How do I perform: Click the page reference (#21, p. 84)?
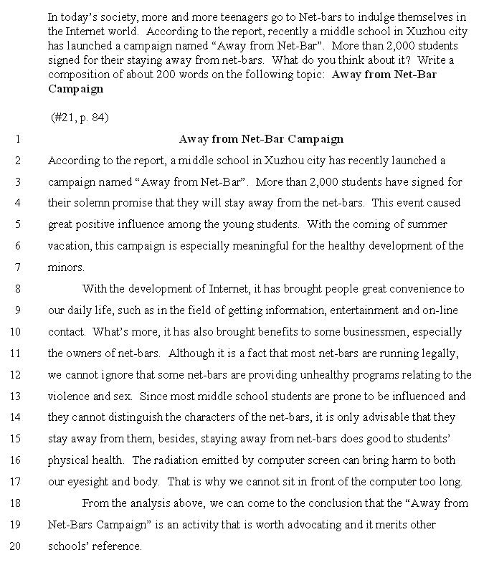click(80, 117)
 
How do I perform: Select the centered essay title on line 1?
click(261, 139)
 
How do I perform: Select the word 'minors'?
click(65, 267)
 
